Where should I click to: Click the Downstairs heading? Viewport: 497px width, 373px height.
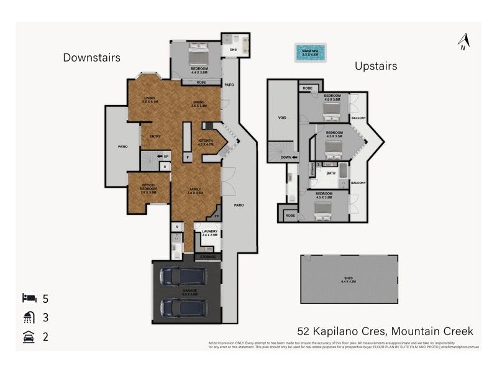pyautogui.click(x=91, y=58)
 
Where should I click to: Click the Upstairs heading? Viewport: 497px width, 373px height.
pyautogui.click(x=375, y=65)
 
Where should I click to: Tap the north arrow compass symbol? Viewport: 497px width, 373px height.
pyautogui.click(x=462, y=42)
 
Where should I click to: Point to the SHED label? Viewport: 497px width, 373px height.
pyautogui.click(x=348, y=278)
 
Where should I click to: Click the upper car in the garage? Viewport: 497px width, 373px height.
pyautogui.click(x=183, y=275)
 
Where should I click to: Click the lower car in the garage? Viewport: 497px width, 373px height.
pyautogui.click(x=183, y=306)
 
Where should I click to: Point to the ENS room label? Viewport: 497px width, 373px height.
pyautogui.click(x=234, y=49)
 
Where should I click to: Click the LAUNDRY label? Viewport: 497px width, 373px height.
pyautogui.click(x=209, y=232)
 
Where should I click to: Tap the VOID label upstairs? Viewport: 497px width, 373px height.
pyautogui.click(x=281, y=117)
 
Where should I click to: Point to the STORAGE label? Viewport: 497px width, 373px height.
pyautogui.click(x=207, y=256)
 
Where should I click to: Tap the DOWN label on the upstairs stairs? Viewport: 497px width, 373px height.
pyautogui.click(x=285, y=157)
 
